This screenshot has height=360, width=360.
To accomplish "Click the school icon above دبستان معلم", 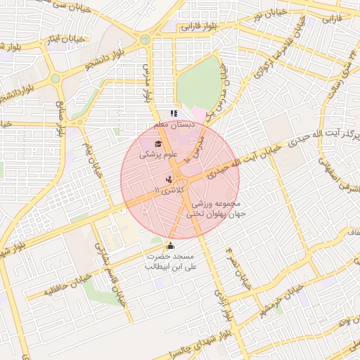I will tap(174, 113).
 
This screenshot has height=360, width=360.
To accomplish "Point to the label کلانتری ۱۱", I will tap(167, 191).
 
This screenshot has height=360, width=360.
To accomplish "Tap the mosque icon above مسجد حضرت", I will tap(169, 246).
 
